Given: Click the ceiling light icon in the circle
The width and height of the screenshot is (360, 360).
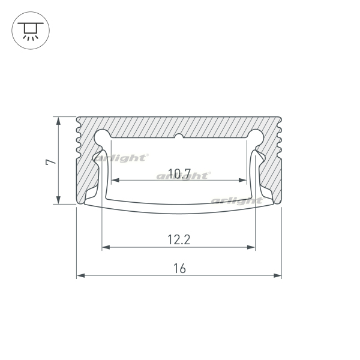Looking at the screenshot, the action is point(31,31).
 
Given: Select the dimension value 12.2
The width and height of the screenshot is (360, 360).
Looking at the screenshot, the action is point(179,239).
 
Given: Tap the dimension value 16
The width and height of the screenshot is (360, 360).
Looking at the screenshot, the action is point(179,268).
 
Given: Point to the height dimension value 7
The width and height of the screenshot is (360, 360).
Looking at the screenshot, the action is point(51,161).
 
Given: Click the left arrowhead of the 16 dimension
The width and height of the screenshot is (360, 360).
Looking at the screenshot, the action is point(80,275).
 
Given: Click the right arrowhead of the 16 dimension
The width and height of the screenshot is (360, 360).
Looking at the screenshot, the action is point(277,275).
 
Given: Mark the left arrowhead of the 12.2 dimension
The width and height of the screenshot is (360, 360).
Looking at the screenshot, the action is point(106,247).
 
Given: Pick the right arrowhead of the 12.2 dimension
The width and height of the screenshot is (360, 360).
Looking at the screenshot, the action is point(251,247).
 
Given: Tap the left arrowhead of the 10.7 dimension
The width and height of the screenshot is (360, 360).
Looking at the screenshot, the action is point(115,180).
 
